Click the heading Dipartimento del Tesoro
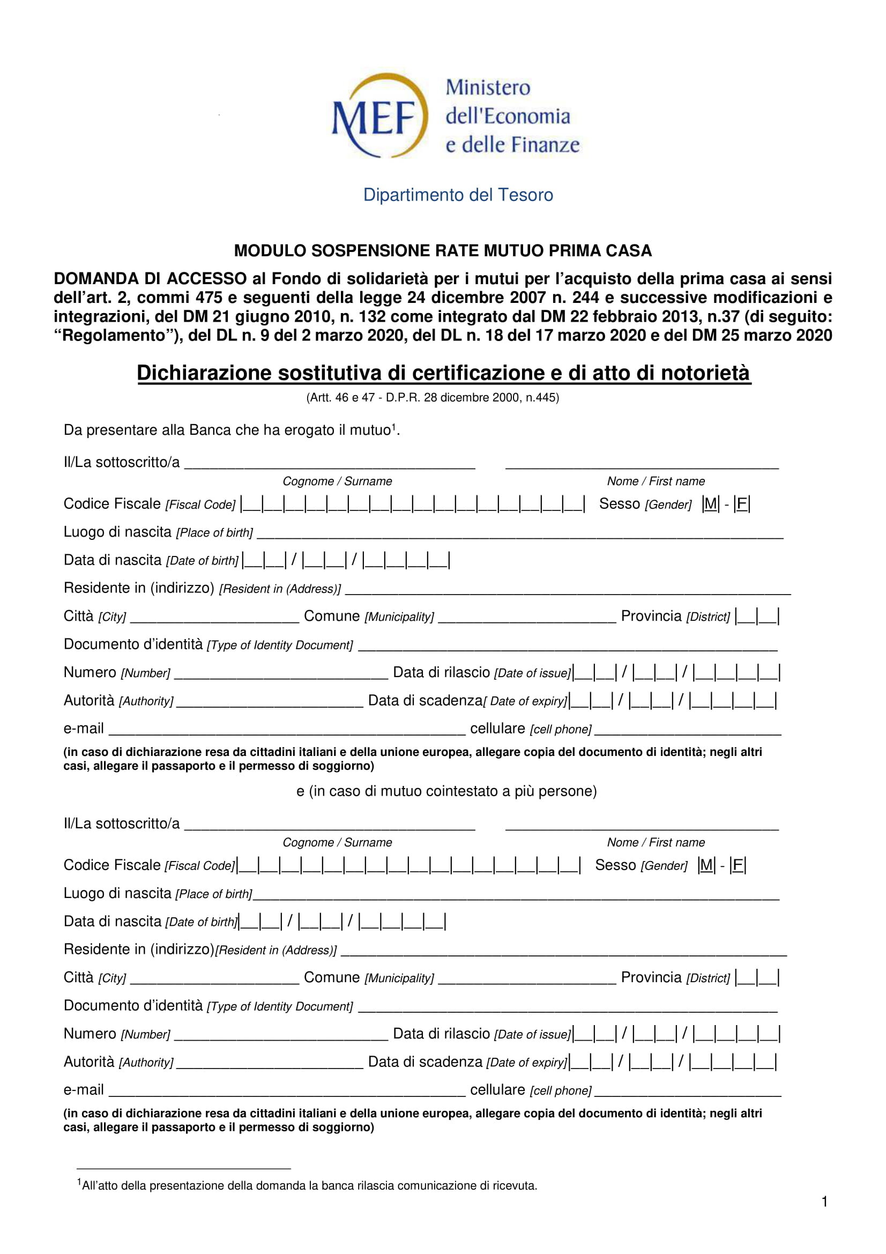tap(458, 195)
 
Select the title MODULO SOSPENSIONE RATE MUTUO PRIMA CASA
tap(443, 251)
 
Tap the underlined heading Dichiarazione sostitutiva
tap(443, 373)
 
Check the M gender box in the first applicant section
tap(710, 503)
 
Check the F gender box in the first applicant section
tap(741, 503)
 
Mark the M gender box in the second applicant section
tap(706, 865)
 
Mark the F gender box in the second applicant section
tap(738, 865)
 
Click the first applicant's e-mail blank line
tap(287, 731)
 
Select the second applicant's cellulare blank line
tap(688, 1092)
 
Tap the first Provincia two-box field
tap(757, 617)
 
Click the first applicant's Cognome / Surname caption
tap(337, 481)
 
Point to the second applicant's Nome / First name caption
tap(656, 843)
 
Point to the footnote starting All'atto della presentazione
tap(308, 1186)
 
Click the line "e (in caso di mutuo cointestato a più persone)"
tap(446, 791)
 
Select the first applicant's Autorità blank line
tap(270, 703)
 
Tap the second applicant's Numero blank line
tap(281, 1036)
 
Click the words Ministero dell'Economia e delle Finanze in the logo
tap(511, 116)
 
